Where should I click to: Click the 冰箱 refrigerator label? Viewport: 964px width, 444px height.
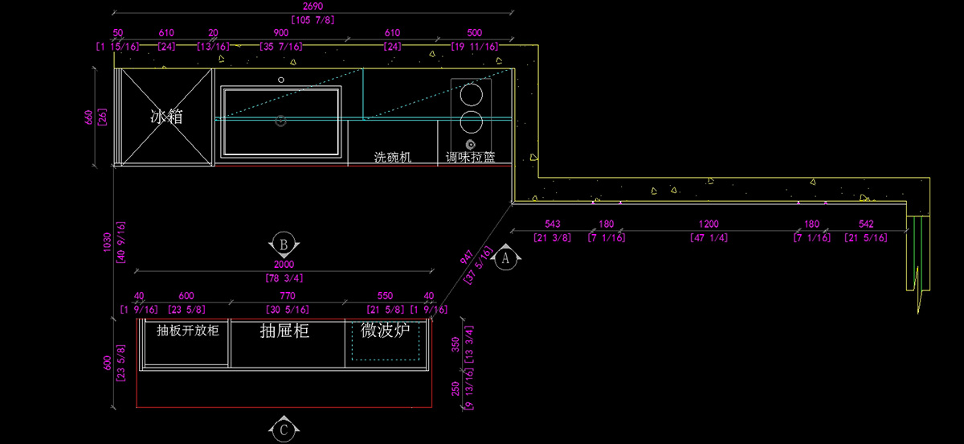pos(166,117)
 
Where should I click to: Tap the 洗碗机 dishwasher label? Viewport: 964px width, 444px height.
pos(393,158)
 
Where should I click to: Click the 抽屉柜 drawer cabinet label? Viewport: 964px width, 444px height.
pos(285,331)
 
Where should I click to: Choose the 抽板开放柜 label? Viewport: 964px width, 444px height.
pos(187,331)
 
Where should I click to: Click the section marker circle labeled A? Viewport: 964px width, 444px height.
pos(505,259)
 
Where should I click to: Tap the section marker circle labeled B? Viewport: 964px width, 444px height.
pos(283,243)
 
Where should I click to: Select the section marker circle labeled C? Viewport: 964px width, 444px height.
pos(284,430)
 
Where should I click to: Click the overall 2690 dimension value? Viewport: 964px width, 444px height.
pos(313,6)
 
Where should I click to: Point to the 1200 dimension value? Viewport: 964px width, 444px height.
pos(709,224)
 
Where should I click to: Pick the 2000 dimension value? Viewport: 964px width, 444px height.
pos(284,265)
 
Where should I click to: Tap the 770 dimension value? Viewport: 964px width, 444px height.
pos(288,296)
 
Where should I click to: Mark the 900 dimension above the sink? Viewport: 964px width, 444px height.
pos(281,33)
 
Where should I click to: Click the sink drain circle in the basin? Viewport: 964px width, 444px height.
pos(281,121)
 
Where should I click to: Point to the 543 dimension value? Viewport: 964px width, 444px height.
pos(553,224)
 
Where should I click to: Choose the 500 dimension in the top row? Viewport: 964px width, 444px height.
pos(474,33)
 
